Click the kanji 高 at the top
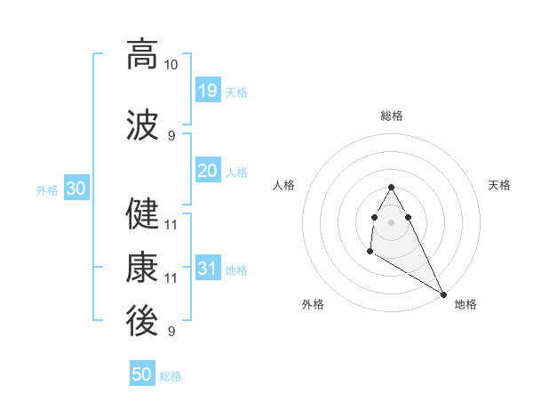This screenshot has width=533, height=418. click(x=142, y=54)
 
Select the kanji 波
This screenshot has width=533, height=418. click(x=142, y=125)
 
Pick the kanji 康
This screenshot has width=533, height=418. click(x=142, y=267)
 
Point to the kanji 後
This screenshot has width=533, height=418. click(x=142, y=321)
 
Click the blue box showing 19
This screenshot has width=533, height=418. click(x=207, y=90)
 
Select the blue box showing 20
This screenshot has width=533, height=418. click(x=207, y=171)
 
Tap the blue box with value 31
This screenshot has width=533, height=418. click(x=207, y=269)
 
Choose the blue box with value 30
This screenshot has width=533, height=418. click(x=76, y=189)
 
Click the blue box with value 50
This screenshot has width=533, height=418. click(x=142, y=374)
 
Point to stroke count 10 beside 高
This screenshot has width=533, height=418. click(x=171, y=66)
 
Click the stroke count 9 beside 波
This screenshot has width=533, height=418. click(x=171, y=135)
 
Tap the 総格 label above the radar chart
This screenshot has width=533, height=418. click(x=392, y=116)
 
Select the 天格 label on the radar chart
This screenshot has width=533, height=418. click(x=499, y=185)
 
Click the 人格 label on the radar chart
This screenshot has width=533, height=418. click(x=283, y=185)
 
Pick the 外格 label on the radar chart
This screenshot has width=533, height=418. click(x=313, y=304)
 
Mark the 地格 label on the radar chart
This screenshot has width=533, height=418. click(x=465, y=304)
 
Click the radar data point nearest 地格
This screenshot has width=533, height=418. click(x=443, y=293)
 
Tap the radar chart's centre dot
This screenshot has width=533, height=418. click(x=392, y=221)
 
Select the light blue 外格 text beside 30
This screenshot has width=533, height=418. click(x=47, y=189)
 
